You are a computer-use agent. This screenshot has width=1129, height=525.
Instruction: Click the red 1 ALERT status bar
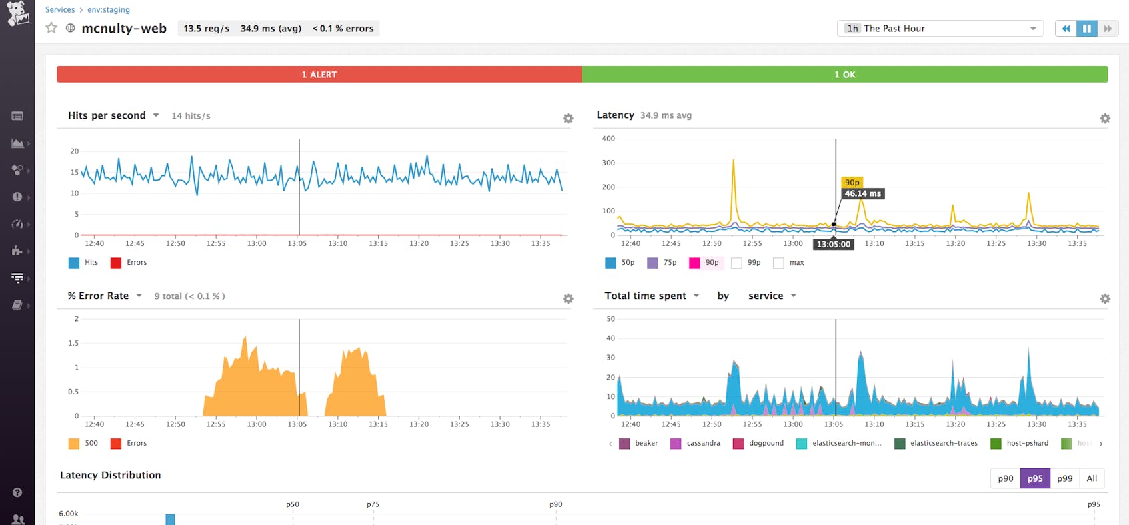click(319, 74)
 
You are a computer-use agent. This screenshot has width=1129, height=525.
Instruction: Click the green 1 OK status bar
click(844, 74)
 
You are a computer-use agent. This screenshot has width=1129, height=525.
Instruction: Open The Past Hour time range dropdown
click(940, 29)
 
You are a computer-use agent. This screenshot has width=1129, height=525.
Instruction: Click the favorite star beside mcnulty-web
click(51, 28)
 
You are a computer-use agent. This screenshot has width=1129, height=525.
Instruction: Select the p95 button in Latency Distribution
click(1034, 478)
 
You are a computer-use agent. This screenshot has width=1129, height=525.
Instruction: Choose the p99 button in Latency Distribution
click(1064, 478)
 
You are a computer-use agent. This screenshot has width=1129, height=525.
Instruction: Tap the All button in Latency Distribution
click(1091, 478)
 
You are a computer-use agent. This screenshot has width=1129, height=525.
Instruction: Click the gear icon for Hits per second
click(568, 119)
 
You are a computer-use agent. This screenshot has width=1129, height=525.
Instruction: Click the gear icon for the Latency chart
click(1104, 119)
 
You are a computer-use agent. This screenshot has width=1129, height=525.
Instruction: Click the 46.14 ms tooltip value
click(862, 193)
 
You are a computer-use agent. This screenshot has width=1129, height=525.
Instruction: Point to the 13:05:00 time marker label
click(834, 244)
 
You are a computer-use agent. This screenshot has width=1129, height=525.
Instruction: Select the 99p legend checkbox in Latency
click(736, 263)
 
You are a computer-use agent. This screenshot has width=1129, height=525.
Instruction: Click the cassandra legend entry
click(696, 443)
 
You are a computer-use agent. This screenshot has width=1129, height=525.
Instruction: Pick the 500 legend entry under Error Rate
click(83, 443)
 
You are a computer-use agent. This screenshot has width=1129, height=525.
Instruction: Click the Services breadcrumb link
click(60, 9)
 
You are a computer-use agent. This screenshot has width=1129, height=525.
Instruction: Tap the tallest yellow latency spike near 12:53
click(733, 161)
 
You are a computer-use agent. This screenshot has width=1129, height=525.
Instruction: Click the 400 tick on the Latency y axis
click(608, 139)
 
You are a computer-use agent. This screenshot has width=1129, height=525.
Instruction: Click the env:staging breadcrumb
click(109, 9)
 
